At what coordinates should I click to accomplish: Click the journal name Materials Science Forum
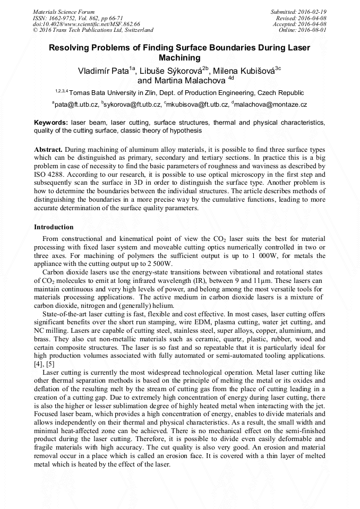click(64, 12)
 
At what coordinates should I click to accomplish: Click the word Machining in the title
click(179, 57)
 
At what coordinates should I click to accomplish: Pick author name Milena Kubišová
click(243, 71)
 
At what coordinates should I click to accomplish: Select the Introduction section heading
click(54, 227)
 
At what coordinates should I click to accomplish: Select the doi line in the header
click(87, 24)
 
